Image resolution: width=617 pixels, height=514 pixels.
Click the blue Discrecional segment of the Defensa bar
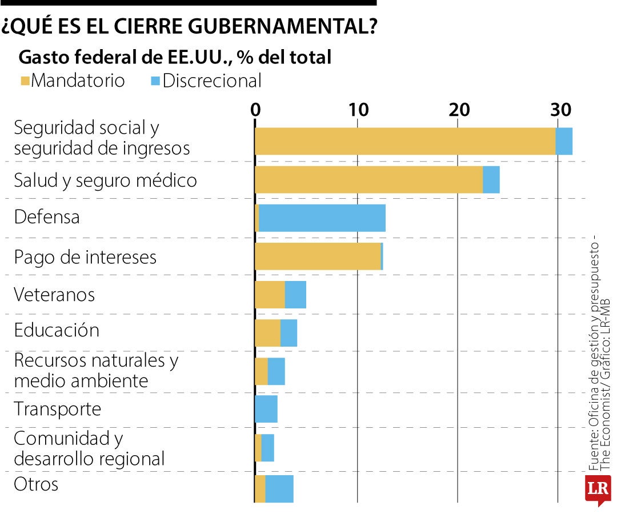coord(322,218)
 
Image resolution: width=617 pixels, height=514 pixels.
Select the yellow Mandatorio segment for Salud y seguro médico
coord(368,180)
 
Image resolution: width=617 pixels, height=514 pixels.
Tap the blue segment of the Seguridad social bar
coord(564,141)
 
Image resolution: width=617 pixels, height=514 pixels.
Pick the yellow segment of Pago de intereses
coord(318,256)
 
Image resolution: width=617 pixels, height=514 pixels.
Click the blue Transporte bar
coord(266,409)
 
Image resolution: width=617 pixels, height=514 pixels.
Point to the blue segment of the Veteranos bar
coord(295,295)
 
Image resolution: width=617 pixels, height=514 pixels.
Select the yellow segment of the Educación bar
coord(267,333)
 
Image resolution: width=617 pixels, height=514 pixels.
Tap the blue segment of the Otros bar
coord(279,489)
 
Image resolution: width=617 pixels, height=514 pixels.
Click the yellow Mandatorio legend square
coord(25,81)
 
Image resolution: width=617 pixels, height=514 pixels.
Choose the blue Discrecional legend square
coord(155,81)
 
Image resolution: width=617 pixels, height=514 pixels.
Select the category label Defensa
coord(47,217)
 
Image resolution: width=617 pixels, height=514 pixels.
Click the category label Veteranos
coord(54,295)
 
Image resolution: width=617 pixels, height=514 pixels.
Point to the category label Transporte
coord(57,409)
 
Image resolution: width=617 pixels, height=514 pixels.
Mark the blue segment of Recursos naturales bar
coord(276,372)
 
